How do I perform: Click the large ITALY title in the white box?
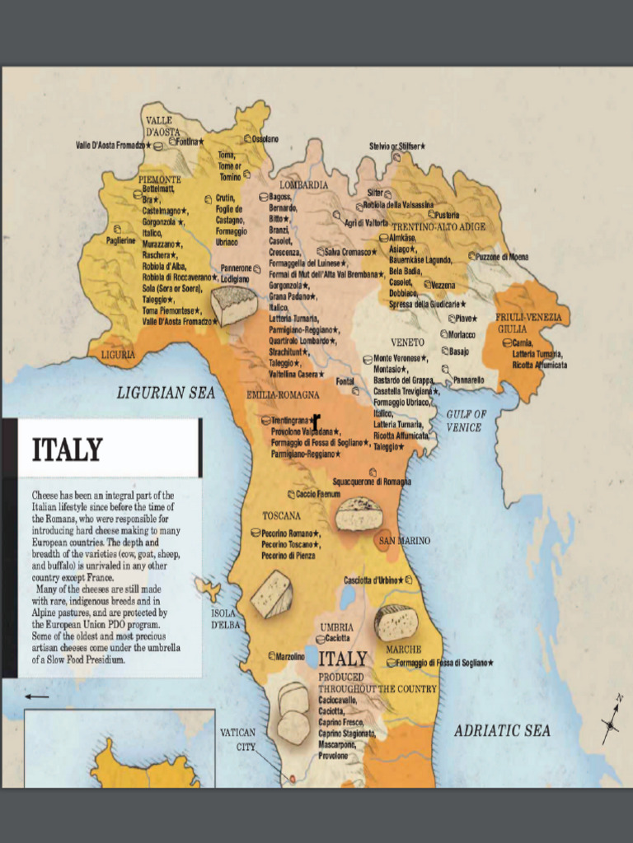pyautogui.click(x=67, y=450)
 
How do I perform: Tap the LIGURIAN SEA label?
pyautogui.click(x=166, y=394)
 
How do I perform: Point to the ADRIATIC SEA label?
pyautogui.click(x=502, y=730)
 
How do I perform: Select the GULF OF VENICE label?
pyautogui.click(x=467, y=421)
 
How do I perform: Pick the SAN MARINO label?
pyautogui.click(x=404, y=541)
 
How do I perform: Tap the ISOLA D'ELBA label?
pyautogui.click(x=223, y=619)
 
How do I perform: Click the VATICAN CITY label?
pyautogui.click(x=237, y=739)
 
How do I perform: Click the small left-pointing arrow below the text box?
pyautogui.click(x=36, y=697)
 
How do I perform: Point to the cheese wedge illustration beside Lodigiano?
pyautogui.click(x=234, y=305)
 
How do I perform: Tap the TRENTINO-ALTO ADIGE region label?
pyautogui.click(x=438, y=226)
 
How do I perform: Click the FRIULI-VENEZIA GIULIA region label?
pyautogui.click(x=528, y=322)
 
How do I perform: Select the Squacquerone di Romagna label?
pyautogui.click(x=372, y=481)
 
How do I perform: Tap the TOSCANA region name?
pyautogui.click(x=281, y=516)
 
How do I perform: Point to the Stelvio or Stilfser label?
pyautogui.click(x=396, y=146)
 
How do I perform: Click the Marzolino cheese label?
pyautogui.click(x=290, y=656)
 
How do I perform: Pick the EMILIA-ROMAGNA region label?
pyautogui.click(x=283, y=395)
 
